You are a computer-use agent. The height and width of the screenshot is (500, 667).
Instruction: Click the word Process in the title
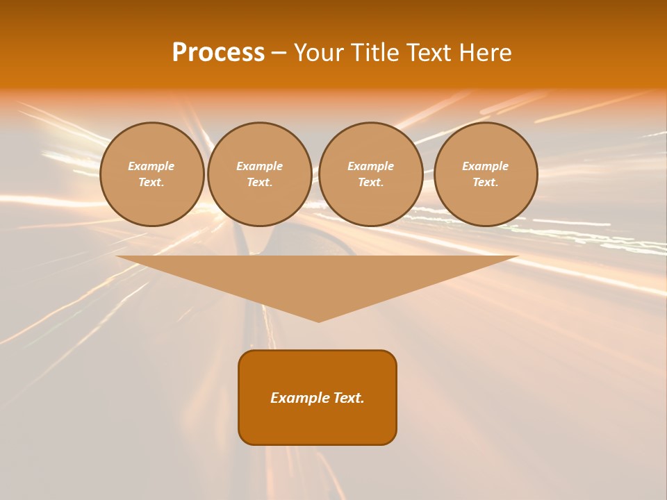click(218, 53)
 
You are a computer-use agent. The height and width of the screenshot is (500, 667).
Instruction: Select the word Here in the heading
click(484, 53)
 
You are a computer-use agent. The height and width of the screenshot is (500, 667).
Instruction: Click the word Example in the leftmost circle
click(151, 166)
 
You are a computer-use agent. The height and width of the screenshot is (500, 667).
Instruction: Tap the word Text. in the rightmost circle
click(485, 182)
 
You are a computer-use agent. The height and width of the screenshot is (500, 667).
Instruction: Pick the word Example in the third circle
click(370, 166)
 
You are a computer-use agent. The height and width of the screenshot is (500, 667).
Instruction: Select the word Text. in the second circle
click(259, 182)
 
